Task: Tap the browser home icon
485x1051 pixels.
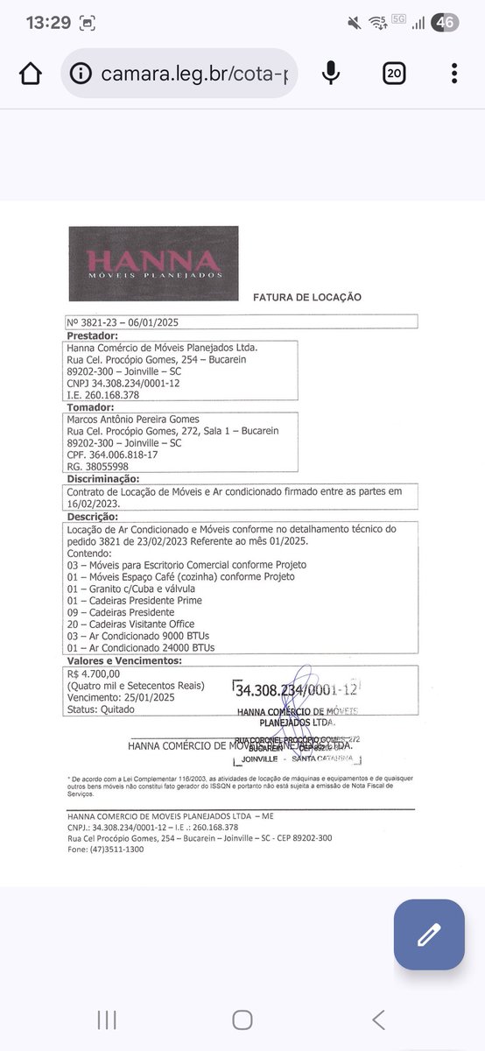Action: (x=30, y=74)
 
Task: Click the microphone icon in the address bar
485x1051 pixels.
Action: (x=331, y=74)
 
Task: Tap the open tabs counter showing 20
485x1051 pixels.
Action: (x=394, y=74)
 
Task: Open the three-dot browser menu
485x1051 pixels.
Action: (x=453, y=74)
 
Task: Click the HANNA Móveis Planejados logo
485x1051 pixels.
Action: (x=153, y=264)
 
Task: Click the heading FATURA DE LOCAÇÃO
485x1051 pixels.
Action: (x=307, y=297)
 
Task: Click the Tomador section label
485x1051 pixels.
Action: (x=91, y=407)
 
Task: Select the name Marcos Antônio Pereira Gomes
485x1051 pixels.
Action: (x=133, y=419)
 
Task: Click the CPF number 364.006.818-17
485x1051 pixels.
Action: (x=112, y=455)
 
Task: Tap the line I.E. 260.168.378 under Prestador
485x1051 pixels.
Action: (x=103, y=395)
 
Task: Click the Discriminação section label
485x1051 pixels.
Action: (x=103, y=479)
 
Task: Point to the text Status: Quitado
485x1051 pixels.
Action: (x=101, y=709)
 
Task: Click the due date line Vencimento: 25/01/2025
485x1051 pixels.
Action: (x=123, y=698)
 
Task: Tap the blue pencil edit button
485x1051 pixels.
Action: (x=429, y=935)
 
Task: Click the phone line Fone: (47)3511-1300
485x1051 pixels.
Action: (x=106, y=849)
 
